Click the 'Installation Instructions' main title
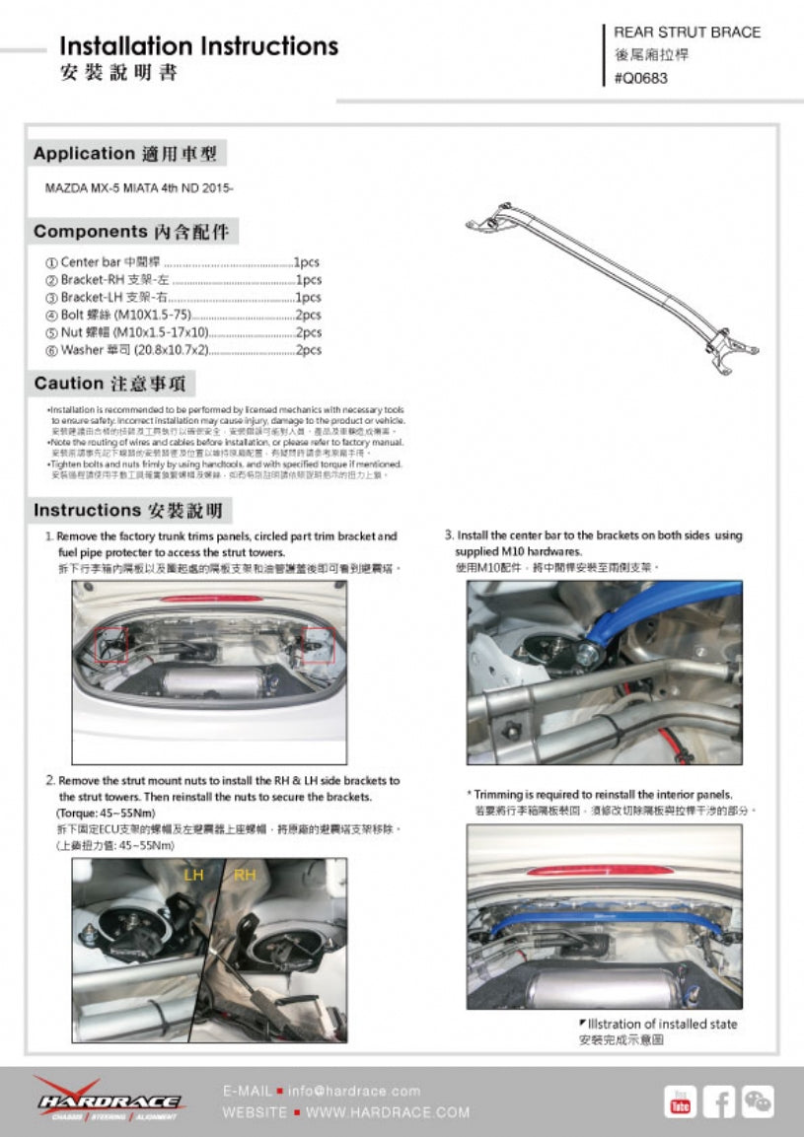(x=198, y=46)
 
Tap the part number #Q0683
(x=640, y=79)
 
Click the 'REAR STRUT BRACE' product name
(x=687, y=33)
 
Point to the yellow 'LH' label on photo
(x=193, y=875)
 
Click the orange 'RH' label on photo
(x=245, y=875)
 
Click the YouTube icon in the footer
(x=680, y=1101)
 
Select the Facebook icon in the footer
(x=719, y=1101)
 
